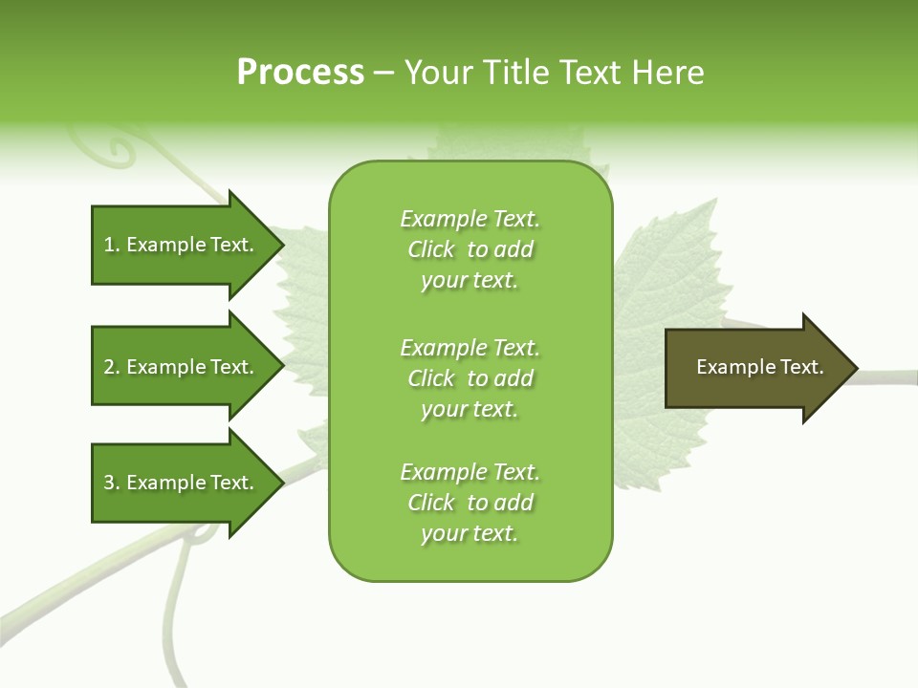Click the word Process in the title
click(x=300, y=73)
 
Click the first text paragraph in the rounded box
click(x=470, y=249)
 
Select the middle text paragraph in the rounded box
click(x=470, y=378)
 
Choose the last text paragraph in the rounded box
click(x=470, y=503)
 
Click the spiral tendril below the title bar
click(x=120, y=148)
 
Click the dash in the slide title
click(x=383, y=74)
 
